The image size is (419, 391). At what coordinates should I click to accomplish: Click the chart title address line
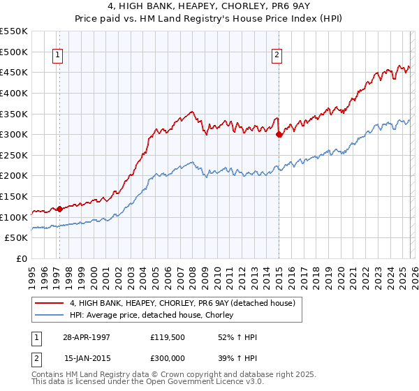(209, 6)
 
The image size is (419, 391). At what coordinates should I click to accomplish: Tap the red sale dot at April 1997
(59, 209)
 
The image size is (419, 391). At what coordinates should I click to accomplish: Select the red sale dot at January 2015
(279, 134)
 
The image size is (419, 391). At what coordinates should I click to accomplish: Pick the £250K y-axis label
(14, 155)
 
